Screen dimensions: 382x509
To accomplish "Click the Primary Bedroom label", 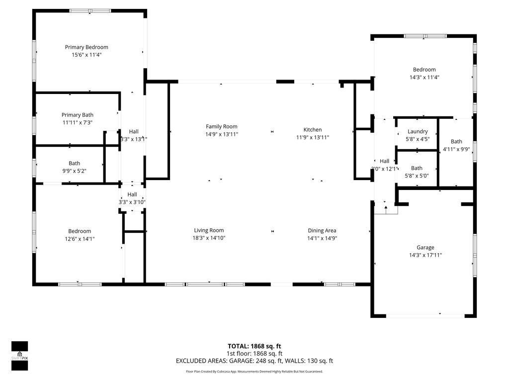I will [86, 47].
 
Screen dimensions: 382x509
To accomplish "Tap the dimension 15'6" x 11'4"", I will [86, 55].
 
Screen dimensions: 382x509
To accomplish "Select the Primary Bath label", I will [78, 115].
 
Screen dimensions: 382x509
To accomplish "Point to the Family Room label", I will [222, 127].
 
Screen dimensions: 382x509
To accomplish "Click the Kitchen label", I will [313, 130].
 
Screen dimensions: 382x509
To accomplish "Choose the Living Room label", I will [209, 230].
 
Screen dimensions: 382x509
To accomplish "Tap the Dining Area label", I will [322, 230].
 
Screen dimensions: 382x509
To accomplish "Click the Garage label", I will [425, 247].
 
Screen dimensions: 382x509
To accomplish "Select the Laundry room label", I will [417, 132].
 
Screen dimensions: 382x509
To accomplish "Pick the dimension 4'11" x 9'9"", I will [456, 149].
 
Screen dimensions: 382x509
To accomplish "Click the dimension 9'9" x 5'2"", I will [75, 171].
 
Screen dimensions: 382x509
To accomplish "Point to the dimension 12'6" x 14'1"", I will [80, 239].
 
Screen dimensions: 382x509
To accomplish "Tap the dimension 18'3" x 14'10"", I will [209, 238].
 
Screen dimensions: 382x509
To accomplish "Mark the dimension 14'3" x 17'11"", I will [425, 255].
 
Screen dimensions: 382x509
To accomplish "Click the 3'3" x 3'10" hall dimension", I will [132, 202].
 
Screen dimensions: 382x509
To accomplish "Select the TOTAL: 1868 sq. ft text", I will [254, 346].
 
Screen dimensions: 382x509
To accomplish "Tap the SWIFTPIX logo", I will [20, 356].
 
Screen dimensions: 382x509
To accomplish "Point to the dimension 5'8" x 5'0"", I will [417, 176].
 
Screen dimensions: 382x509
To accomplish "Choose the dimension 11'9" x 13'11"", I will [313, 137].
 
